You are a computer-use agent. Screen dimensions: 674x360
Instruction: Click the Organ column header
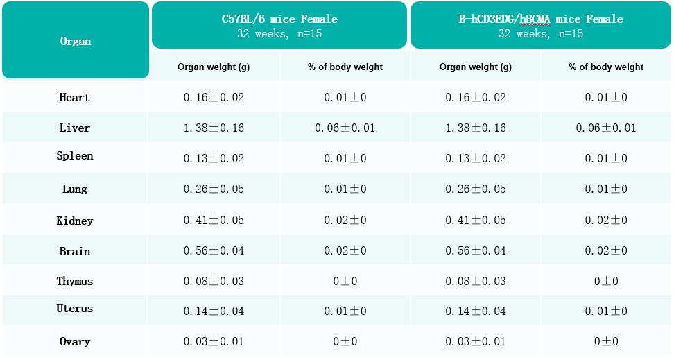76,42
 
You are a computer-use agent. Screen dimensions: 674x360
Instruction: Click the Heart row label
75,97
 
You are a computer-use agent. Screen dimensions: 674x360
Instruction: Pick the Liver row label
75,128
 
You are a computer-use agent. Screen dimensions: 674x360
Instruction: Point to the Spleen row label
75,155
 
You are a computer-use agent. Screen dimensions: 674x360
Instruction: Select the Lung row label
75,189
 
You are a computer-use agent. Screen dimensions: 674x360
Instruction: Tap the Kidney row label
75,221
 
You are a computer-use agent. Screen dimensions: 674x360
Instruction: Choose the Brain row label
75,251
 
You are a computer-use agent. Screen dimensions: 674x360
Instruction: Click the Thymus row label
75,282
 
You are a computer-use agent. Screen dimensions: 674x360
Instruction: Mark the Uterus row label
75,309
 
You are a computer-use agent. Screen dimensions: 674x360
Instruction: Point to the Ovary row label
75,341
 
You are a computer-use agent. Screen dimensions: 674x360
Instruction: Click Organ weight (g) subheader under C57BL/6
214,67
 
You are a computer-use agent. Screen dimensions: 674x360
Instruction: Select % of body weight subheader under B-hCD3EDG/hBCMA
606,67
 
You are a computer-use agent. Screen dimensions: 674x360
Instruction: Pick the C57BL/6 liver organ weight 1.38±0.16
214,128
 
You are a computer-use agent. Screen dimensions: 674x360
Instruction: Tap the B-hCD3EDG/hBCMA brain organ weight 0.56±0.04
476,251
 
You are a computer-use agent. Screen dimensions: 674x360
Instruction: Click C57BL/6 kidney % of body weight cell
345,220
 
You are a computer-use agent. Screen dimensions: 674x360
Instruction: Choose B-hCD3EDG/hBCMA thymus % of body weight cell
606,282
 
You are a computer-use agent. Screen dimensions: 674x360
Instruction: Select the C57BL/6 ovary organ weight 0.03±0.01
214,341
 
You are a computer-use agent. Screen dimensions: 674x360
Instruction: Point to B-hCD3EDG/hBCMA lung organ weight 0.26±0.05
476,189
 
